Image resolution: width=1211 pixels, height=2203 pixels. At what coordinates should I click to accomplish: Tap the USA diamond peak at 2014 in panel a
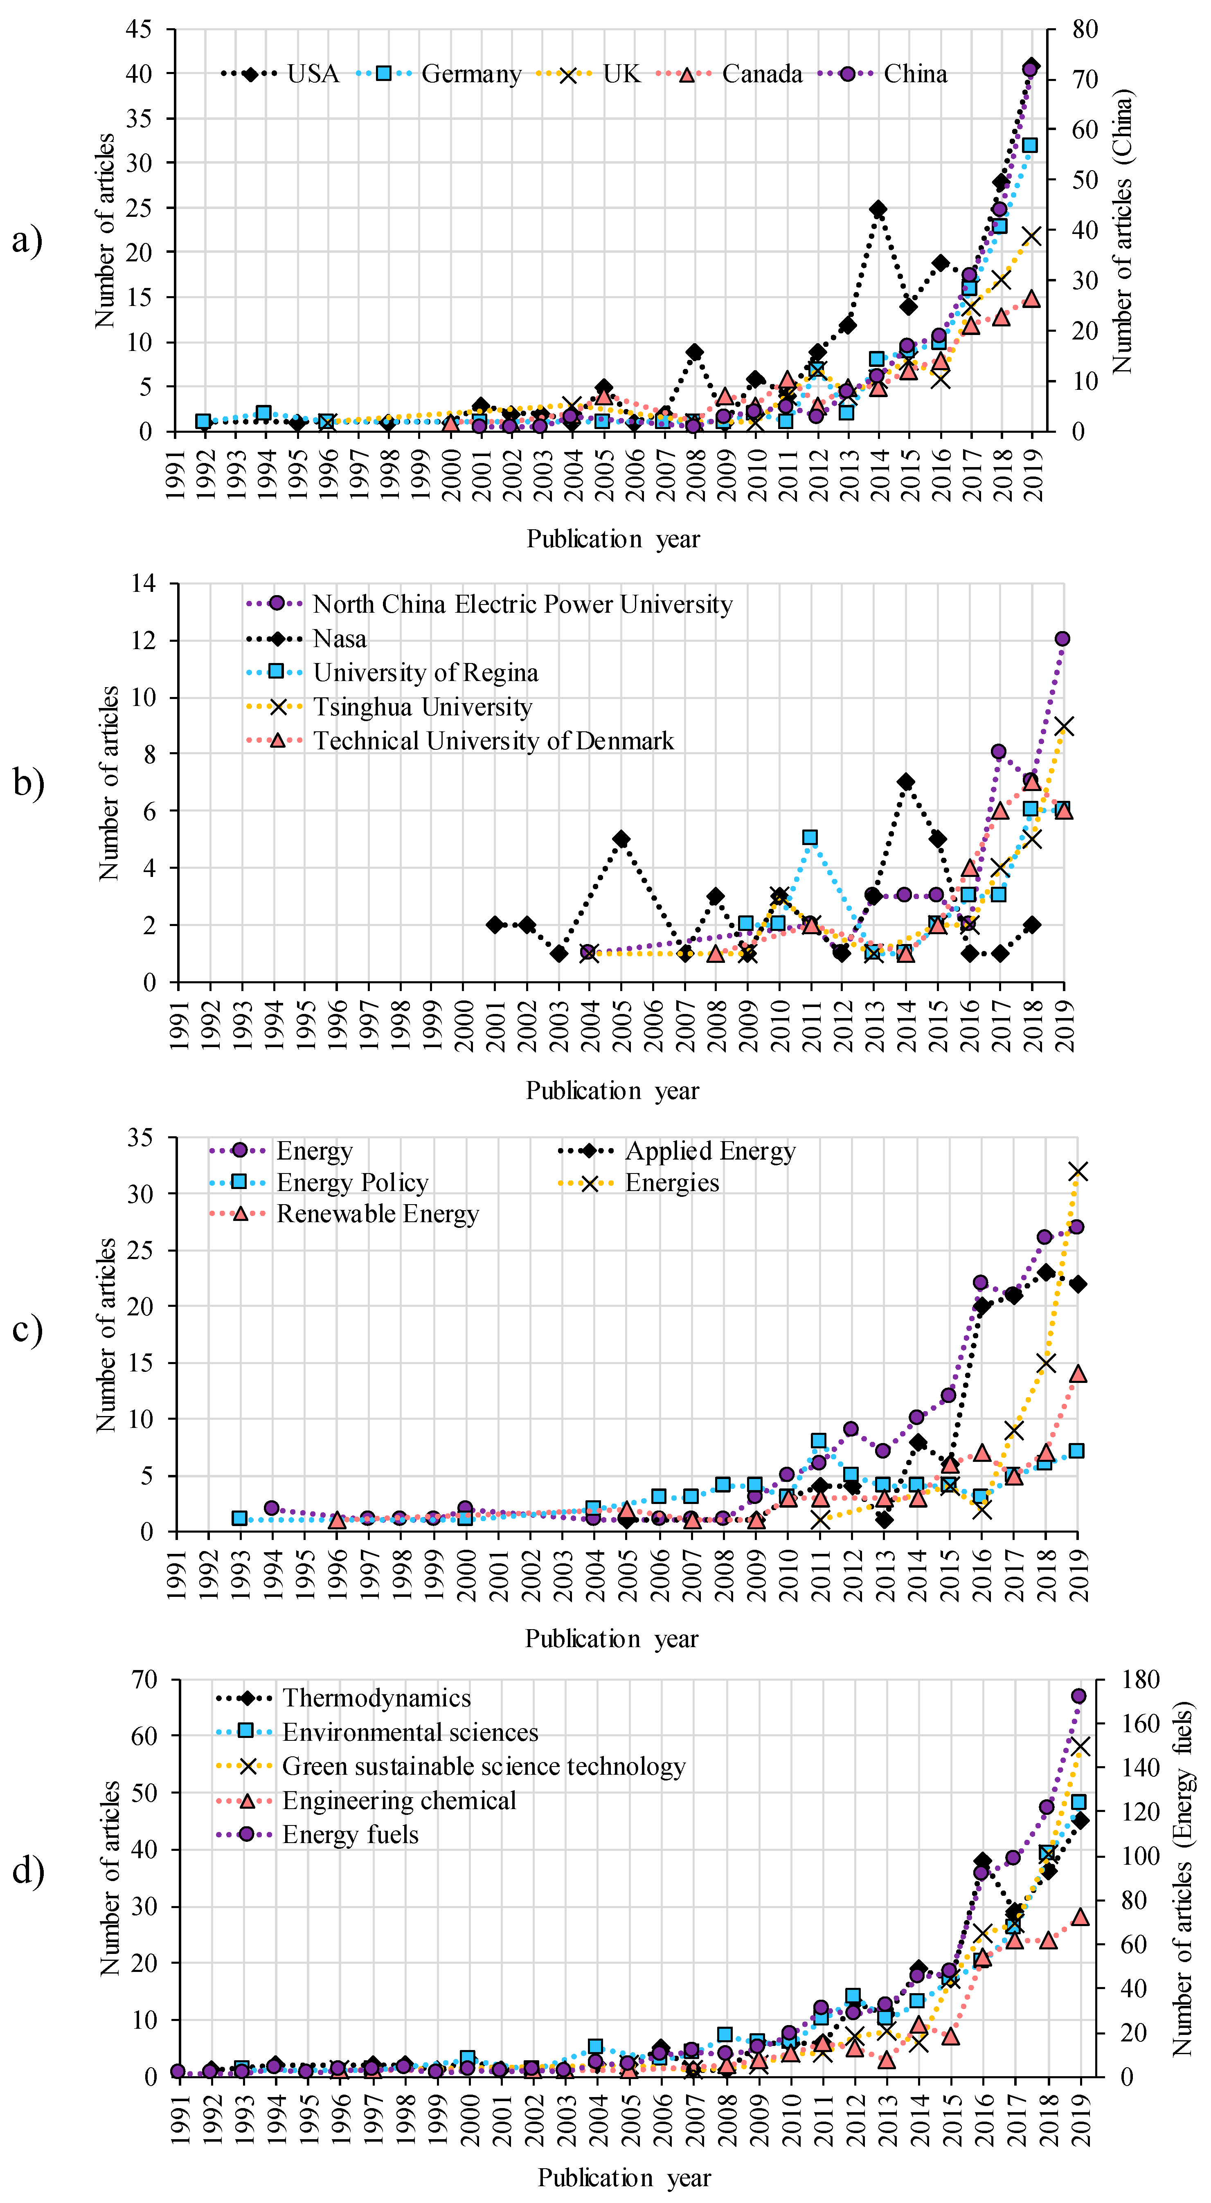[878, 209]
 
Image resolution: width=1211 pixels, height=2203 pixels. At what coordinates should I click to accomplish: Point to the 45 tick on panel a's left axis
[139, 30]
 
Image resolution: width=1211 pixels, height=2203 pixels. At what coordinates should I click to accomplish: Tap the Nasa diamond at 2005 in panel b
[622, 839]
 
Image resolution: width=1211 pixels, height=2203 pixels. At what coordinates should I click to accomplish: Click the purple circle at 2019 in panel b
[1062, 639]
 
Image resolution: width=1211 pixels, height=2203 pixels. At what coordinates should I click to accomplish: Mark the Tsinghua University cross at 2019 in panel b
[1064, 726]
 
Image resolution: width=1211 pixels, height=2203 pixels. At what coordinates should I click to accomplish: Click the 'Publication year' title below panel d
[624, 2177]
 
